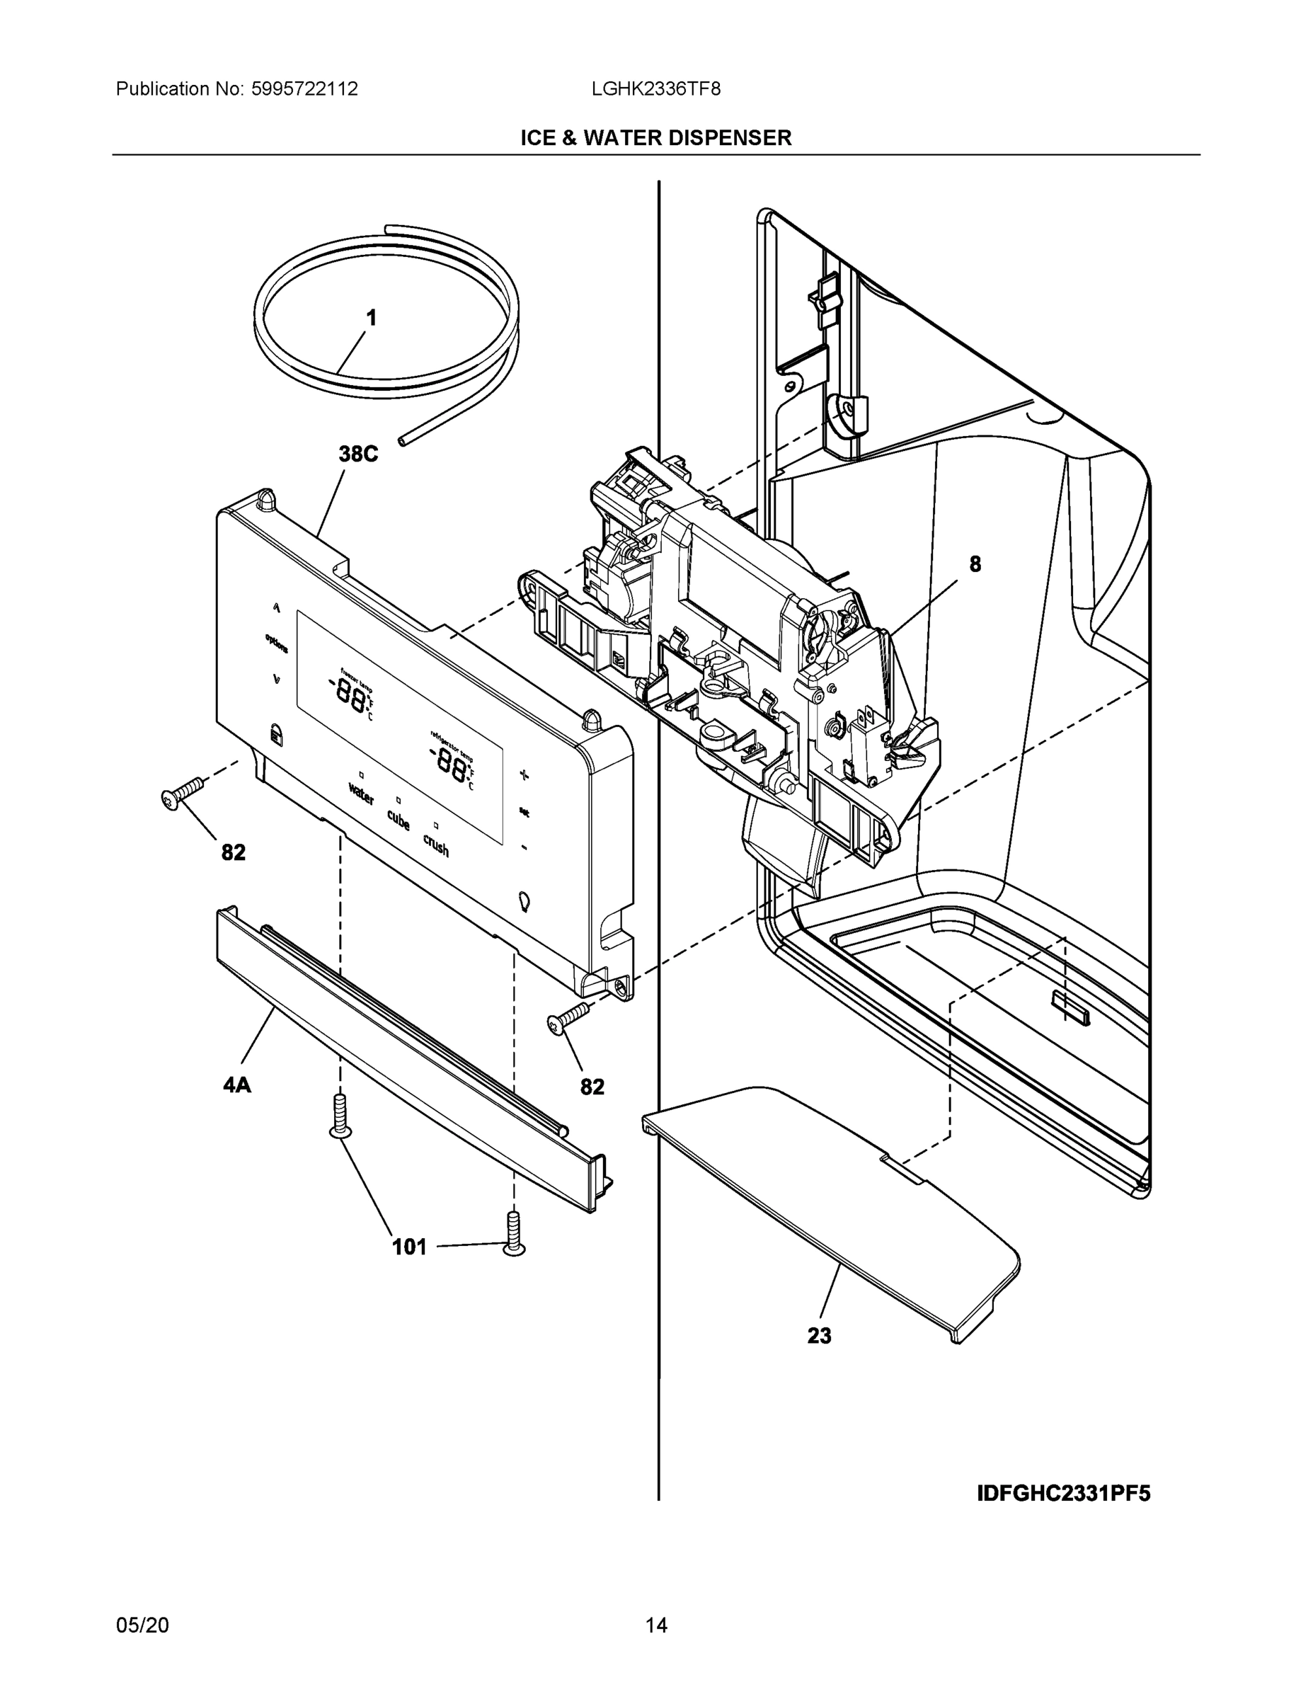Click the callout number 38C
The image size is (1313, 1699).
(358, 454)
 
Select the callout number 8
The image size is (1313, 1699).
(975, 564)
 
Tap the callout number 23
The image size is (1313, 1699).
(819, 1336)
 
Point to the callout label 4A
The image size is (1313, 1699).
(237, 1085)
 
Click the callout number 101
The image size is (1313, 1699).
(409, 1247)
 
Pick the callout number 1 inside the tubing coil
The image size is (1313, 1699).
(371, 317)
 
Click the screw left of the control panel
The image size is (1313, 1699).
(182, 793)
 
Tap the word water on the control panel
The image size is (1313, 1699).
(361, 794)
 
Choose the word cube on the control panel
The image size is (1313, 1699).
(399, 820)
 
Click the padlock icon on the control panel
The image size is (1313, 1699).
(275, 733)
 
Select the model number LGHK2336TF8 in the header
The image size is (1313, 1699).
(655, 88)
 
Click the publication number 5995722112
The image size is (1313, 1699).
(304, 88)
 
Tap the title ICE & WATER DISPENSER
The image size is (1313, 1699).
(655, 138)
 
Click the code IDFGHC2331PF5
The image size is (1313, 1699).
(1062, 1494)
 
